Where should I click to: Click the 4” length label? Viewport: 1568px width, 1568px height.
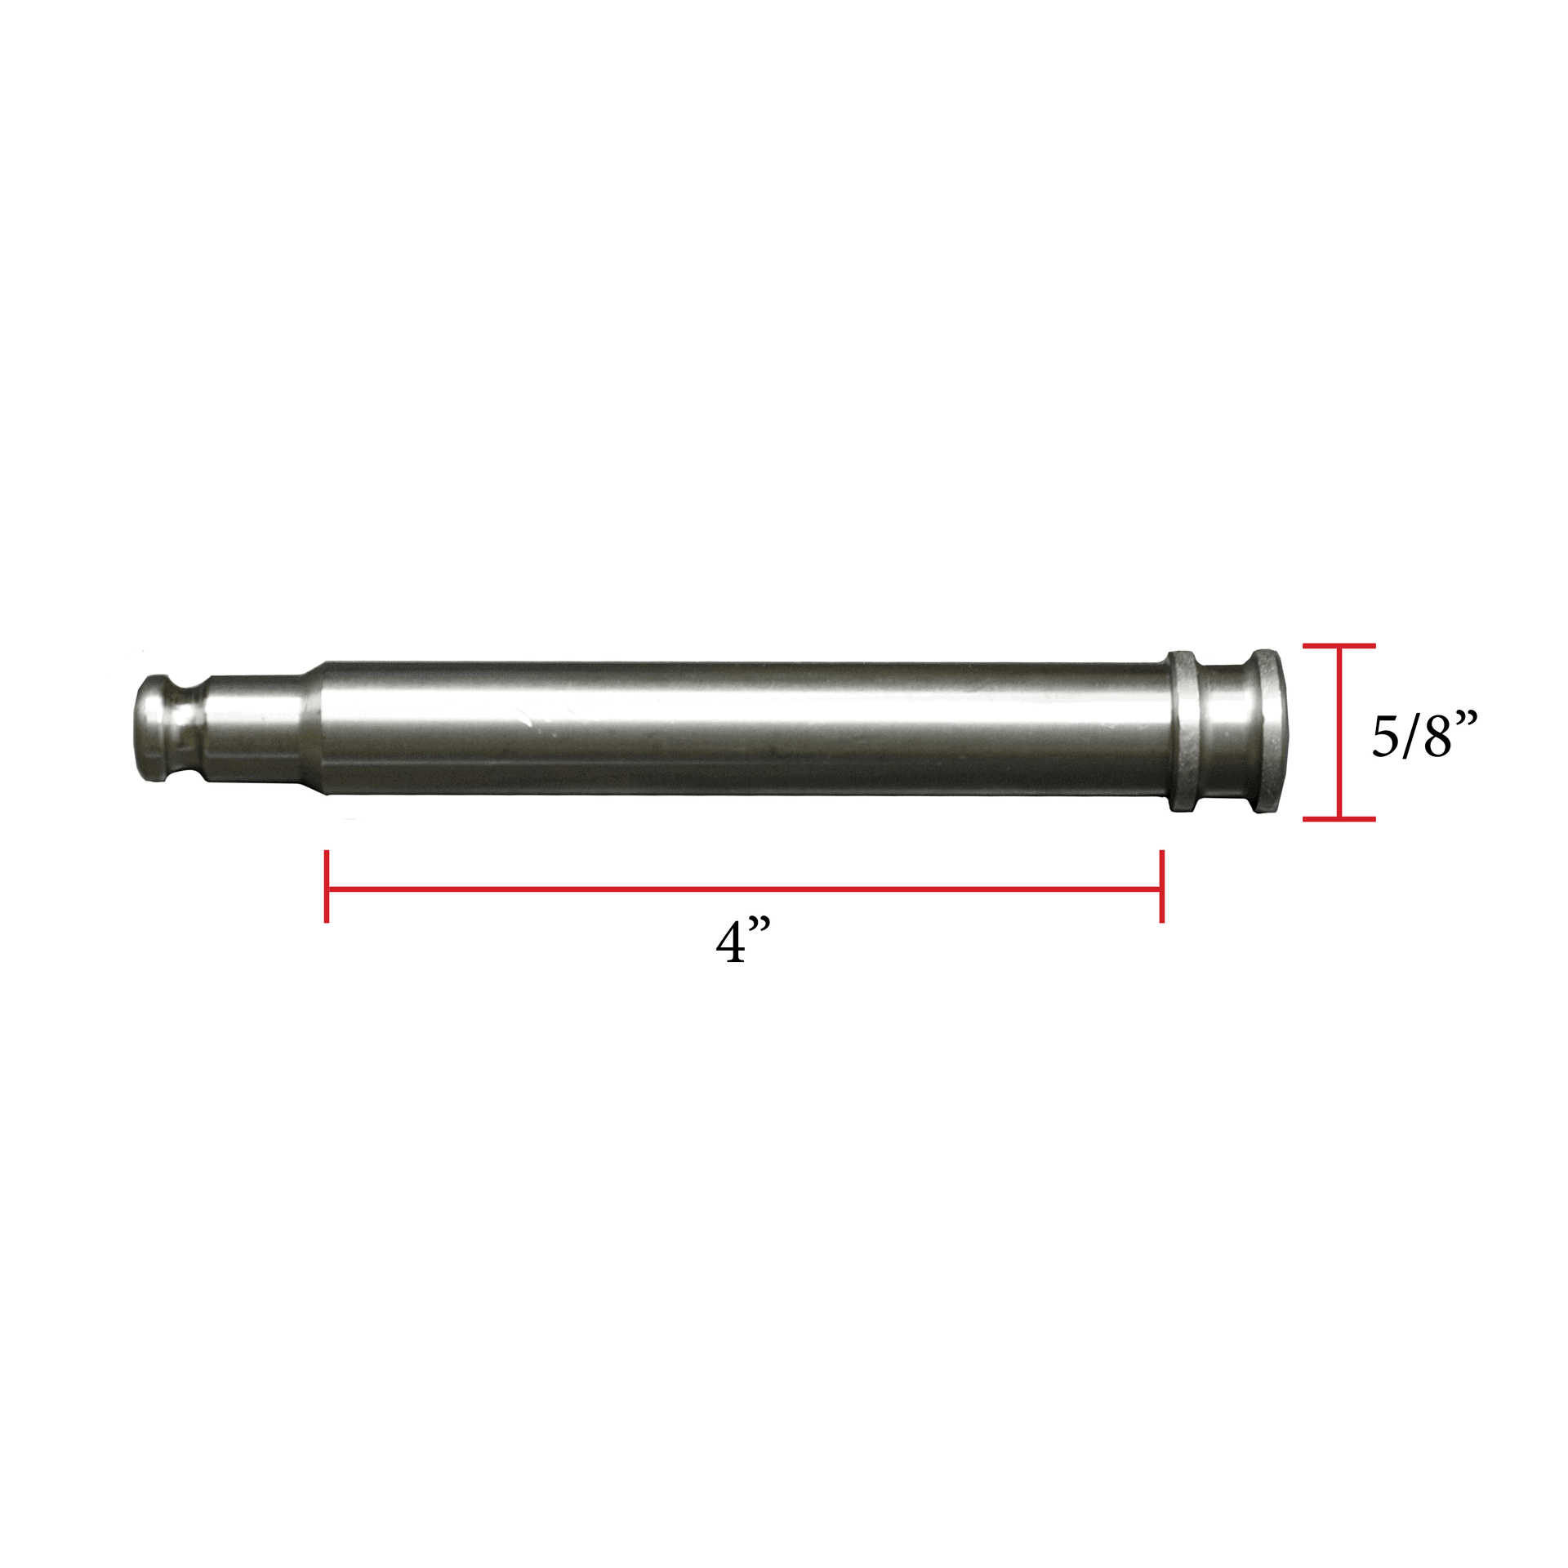coord(742,942)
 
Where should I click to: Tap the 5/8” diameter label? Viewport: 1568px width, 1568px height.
coord(1423,735)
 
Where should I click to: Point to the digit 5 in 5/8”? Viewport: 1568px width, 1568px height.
coord(1385,736)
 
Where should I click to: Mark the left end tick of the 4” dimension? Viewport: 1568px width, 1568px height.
coord(327,887)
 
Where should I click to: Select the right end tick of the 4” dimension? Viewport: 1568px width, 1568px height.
coord(1161,887)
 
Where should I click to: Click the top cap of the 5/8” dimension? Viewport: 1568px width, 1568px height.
coord(1339,646)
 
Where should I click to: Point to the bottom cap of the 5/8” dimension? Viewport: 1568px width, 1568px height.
coord(1339,817)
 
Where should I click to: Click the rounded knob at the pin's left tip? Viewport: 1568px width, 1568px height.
coord(154,727)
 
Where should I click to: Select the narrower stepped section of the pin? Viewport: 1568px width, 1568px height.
coord(253,727)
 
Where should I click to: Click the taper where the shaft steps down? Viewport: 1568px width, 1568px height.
coord(317,727)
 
